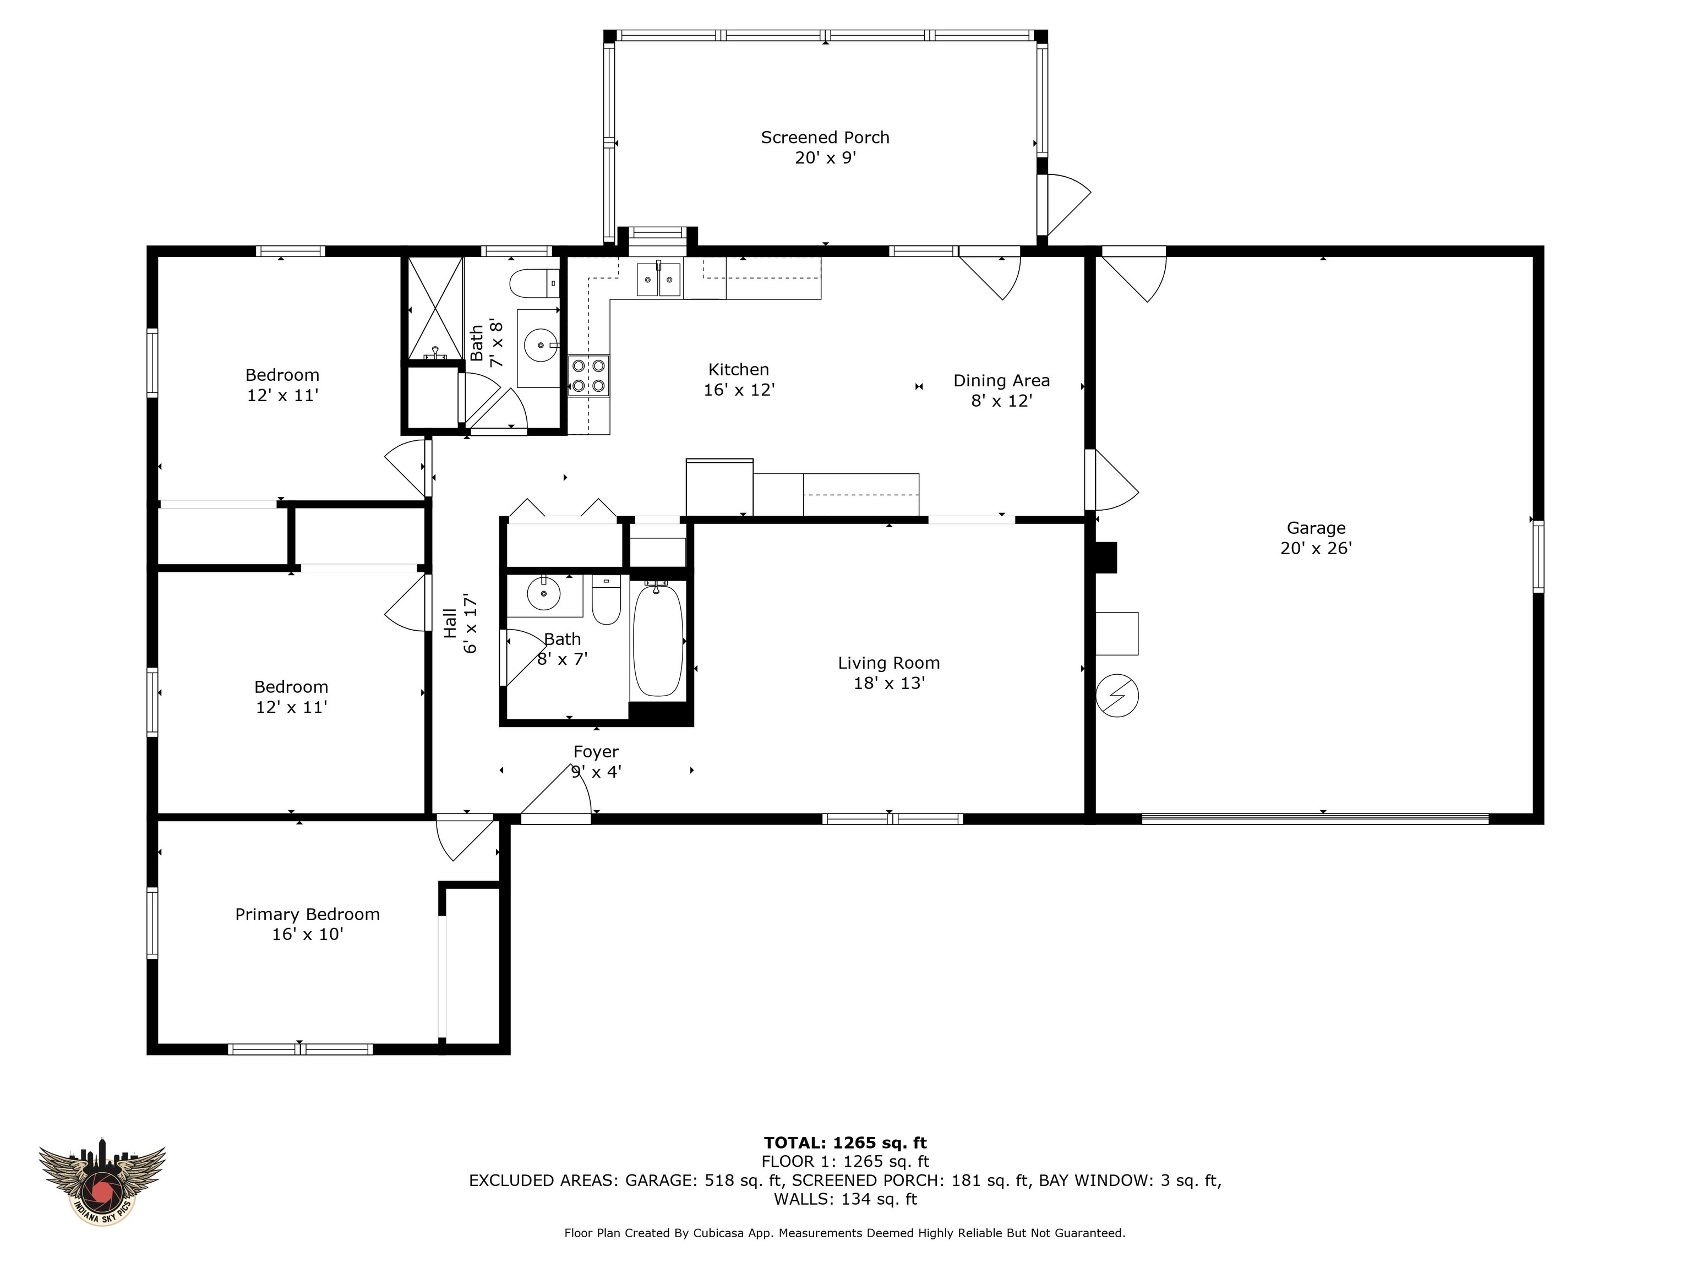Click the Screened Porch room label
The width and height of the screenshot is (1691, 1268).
tap(825, 138)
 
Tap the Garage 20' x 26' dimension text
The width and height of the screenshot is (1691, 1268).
tap(1316, 548)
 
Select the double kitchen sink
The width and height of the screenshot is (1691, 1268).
tap(659, 279)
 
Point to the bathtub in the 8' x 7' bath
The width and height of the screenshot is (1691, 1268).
tap(657, 641)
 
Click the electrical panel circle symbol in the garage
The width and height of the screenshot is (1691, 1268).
tap(1117, 696)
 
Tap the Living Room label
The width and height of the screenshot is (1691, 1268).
tap(888, 663)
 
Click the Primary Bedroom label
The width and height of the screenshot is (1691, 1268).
tap(307, 914)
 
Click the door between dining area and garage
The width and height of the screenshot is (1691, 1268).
tap(1113, 480)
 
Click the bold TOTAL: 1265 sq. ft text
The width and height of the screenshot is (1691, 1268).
tap(845, 1143)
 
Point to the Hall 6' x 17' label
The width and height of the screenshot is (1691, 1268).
tap(460, 623)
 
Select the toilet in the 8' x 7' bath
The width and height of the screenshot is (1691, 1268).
tap(606, 602)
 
